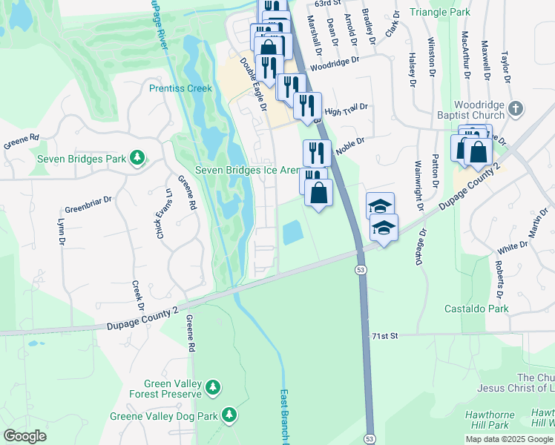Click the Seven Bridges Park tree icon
pyautogui.click(x=137, y=157)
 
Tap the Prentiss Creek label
pyautogui.click(x=180, y=88)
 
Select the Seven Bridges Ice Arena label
pyautogui.click(x=247, y=170)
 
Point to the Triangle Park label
pyautogui.click(x=443, y=13)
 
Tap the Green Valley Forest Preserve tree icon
pyautogui.click(x=213, y=386)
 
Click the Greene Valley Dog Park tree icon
pyautogui.click(x=230, y=414)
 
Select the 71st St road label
pyautogui.click(x=386, y=336)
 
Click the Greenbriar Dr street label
pyautogui.click(x=88, y=200)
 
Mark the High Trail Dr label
pyautogui.click(x=346, y=110)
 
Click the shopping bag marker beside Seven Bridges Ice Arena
pyautogui.click(x=318, y=194)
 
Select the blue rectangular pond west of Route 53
pyautogui.click(x=293, y=234)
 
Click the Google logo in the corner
pyautogui.click(x=25, y=436)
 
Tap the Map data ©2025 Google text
pyautogui.click(x=509, y=439)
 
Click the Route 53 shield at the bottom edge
pyautogui.click(x=369, y=439)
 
